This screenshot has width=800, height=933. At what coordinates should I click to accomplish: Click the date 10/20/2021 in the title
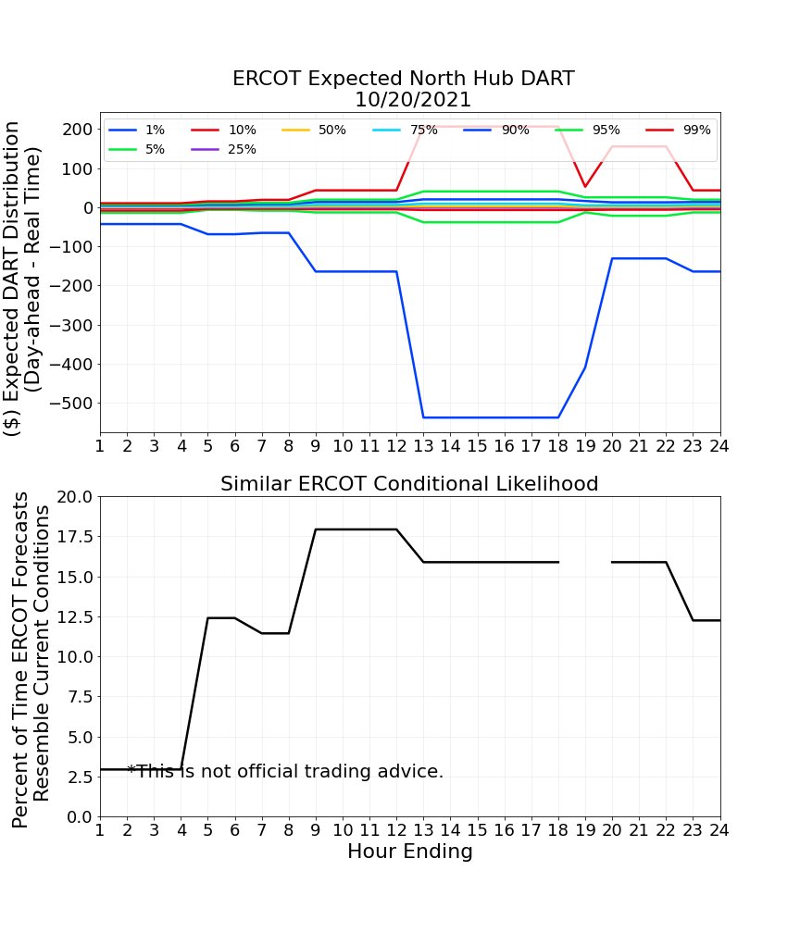(x=413, y=100)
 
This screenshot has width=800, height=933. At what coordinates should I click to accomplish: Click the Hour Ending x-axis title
(x=409, y=852)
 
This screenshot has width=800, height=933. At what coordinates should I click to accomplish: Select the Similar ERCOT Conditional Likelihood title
(x=409, y=484)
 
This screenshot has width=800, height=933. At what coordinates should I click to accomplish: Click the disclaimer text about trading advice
(x=285, y=771)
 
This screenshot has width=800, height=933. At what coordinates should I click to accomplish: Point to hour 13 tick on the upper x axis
(x=423, y=445)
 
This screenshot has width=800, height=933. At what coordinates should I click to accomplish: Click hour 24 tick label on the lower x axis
(x=719, y=829)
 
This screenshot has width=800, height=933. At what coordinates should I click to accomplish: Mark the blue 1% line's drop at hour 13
(x=423, y=417)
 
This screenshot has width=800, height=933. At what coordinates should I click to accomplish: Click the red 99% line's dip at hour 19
(x=585, y=187)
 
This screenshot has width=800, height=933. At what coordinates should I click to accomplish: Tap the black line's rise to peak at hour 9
(x=316, y=529)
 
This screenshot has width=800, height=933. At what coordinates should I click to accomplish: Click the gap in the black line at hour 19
(x=585, y=562)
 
